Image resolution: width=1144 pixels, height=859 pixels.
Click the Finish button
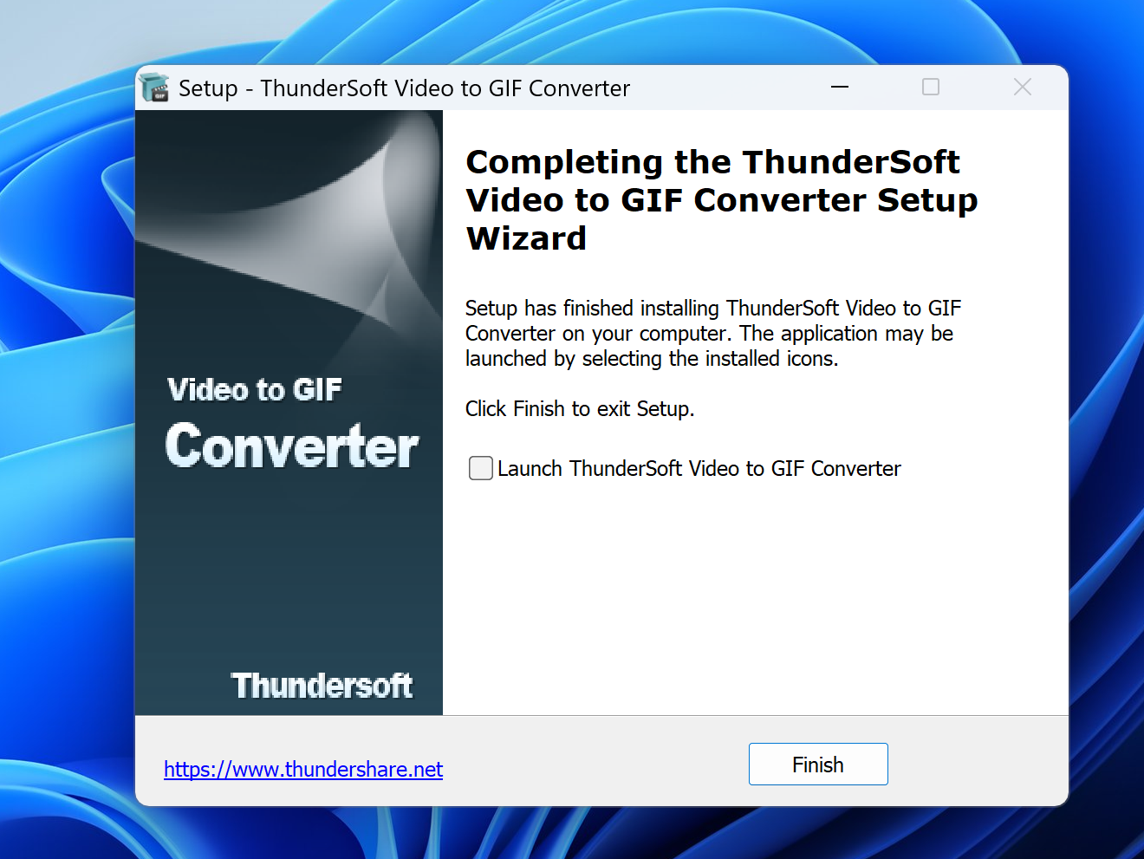818,765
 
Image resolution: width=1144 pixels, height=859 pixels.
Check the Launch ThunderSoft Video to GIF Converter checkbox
480,468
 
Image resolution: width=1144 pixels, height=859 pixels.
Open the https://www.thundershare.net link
303,769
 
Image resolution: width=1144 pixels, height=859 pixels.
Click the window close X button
1022,87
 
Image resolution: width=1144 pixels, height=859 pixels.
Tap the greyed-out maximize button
930,87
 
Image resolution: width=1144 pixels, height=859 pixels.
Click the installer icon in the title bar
155,88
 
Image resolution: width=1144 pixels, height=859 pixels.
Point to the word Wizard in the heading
526,238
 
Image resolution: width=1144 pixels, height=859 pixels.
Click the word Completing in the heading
564,163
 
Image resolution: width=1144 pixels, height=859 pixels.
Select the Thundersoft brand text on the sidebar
322,685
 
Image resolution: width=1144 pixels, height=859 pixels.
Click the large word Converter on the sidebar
292,446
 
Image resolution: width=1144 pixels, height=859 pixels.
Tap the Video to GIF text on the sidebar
254,390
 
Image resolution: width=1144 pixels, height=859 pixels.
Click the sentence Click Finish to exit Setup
580,409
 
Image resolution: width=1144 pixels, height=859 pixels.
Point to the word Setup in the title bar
208,88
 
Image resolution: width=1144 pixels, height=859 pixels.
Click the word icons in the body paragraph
813,359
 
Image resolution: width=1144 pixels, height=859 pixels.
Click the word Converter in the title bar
579,88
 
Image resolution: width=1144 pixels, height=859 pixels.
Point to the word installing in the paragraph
679,309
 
